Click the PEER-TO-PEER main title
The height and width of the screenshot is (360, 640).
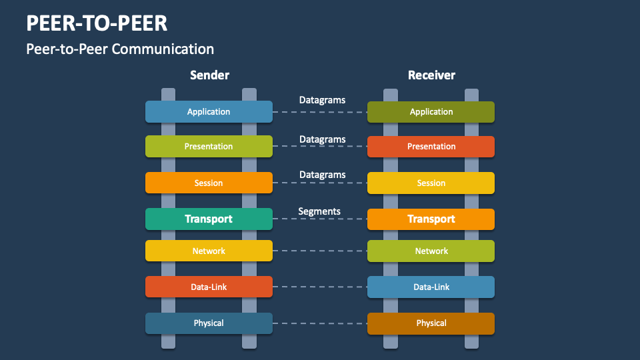click(x=97, y=23)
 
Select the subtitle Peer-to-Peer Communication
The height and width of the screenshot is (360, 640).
click(x=120, y=49)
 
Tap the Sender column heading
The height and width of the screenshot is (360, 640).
click(x=209, y=75)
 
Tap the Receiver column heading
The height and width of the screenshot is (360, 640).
click(x=431, y=75)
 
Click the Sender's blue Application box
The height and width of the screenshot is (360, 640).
click(x=209, y=112)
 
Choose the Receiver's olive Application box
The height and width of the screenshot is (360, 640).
click(x=431, y=112)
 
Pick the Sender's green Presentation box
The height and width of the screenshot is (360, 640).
click(x=209, y=147)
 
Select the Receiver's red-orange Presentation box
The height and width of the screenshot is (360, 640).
click(x=431, y=147)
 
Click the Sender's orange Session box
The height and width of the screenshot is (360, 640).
click(x=209, y=183)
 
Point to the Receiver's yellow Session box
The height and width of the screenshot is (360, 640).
click(x=431, y=183)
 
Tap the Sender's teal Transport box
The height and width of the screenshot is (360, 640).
click(x=209, y=219)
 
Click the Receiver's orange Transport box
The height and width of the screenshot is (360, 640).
click(x=431, y=219)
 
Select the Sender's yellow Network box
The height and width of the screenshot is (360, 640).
click(x=209, y=251)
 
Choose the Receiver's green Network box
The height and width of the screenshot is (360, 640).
click(x=431, y=251)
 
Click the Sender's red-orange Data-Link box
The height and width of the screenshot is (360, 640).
click(x=209, y=287)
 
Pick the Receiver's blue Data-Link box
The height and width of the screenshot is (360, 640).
click(x=431, y=287)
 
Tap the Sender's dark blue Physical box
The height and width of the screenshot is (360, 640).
click(x=209, y=323)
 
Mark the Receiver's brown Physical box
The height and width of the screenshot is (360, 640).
click(x=431, y=323)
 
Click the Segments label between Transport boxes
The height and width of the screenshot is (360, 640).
click(x=319, y=211)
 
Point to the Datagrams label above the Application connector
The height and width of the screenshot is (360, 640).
click(x=322, y=100)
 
